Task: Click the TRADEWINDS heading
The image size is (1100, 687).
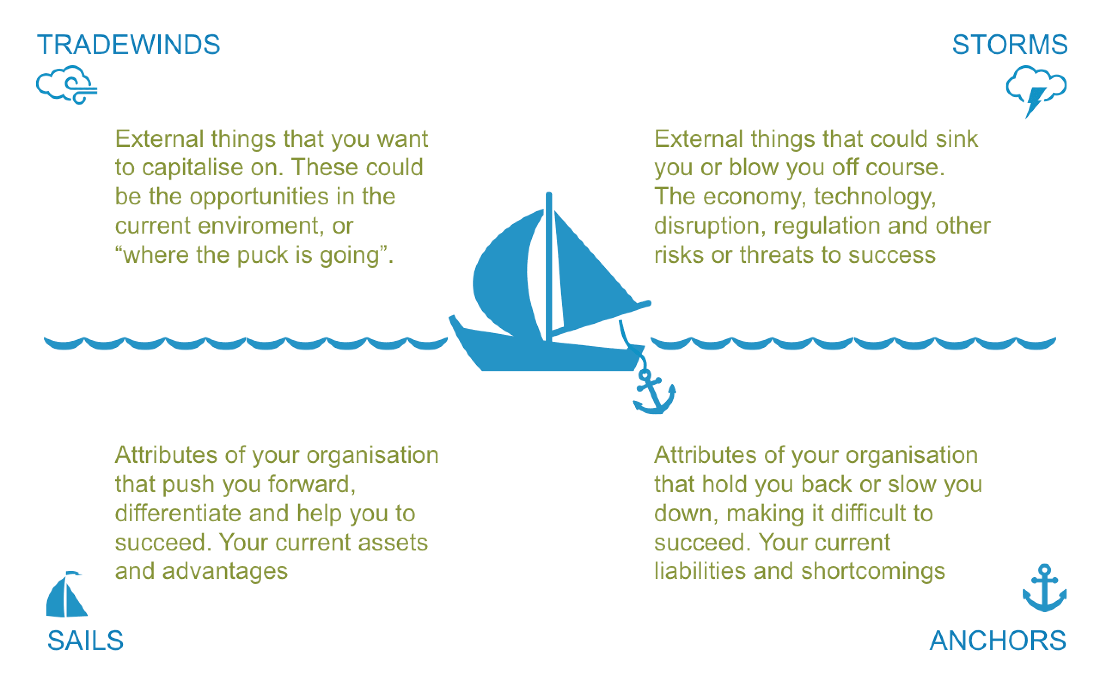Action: pyautogui.click(x=128, y=45)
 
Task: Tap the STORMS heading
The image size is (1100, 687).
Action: pyautogui.click(x=1009, y=45)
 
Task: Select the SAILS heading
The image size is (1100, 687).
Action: pyautogui.click(x=85, y=641)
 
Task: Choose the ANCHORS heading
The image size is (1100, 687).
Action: pyautogui.click(x=998, y=641)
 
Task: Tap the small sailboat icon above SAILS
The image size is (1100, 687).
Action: pyautogui.click(x=66, y=595)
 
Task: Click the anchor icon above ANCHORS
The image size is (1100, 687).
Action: pyautogui.click(x=1045, y=588)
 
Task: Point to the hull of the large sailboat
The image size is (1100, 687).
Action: pyautogui.click(x=545, y=357)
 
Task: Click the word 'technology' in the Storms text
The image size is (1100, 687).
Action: pyautogui.click(x=874, y=197)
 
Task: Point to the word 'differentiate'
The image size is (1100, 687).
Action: pyautogui.click(x=178, y=514)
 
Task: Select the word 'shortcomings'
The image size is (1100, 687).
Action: pyautogui.click(x=873, y=571)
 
